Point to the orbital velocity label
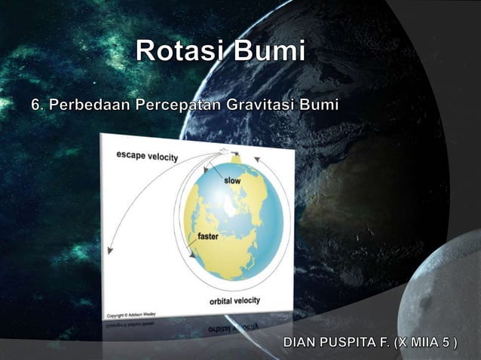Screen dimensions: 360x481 [234, 300]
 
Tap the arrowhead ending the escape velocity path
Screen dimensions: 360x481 [111, 250]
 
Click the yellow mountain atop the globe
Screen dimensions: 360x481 [235, 159]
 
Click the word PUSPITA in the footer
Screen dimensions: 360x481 [354, 343]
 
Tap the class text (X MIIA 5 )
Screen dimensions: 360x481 [430, 343]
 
